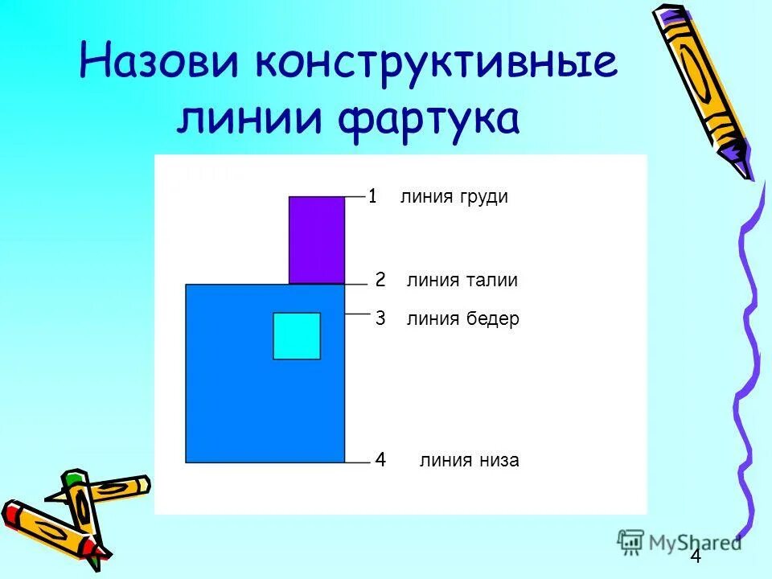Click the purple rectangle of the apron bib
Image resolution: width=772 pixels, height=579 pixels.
tap(317, 240)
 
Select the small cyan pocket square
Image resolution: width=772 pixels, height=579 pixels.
tap(297, 335)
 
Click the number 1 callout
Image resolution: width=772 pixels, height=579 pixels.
tap(373, 195)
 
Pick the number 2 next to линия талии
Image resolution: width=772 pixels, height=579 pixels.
tap(380, 280)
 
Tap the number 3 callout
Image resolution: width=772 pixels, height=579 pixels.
tap(380, 319)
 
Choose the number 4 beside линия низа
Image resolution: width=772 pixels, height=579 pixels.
tap(380, 460)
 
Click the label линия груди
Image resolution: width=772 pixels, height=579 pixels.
tap(454, 197)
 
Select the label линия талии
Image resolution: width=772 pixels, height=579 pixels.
tap(462, 281)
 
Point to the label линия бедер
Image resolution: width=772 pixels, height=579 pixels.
tap(462, 319)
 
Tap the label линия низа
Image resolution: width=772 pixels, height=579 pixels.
tap(469, 461)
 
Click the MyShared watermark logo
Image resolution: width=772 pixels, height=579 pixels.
tap(680, 542)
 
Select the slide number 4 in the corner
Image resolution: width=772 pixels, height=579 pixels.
tap(696, 560)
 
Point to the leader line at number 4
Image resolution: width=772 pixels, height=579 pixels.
tap(355, 462)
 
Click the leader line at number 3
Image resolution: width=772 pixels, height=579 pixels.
tap(355, 314)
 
